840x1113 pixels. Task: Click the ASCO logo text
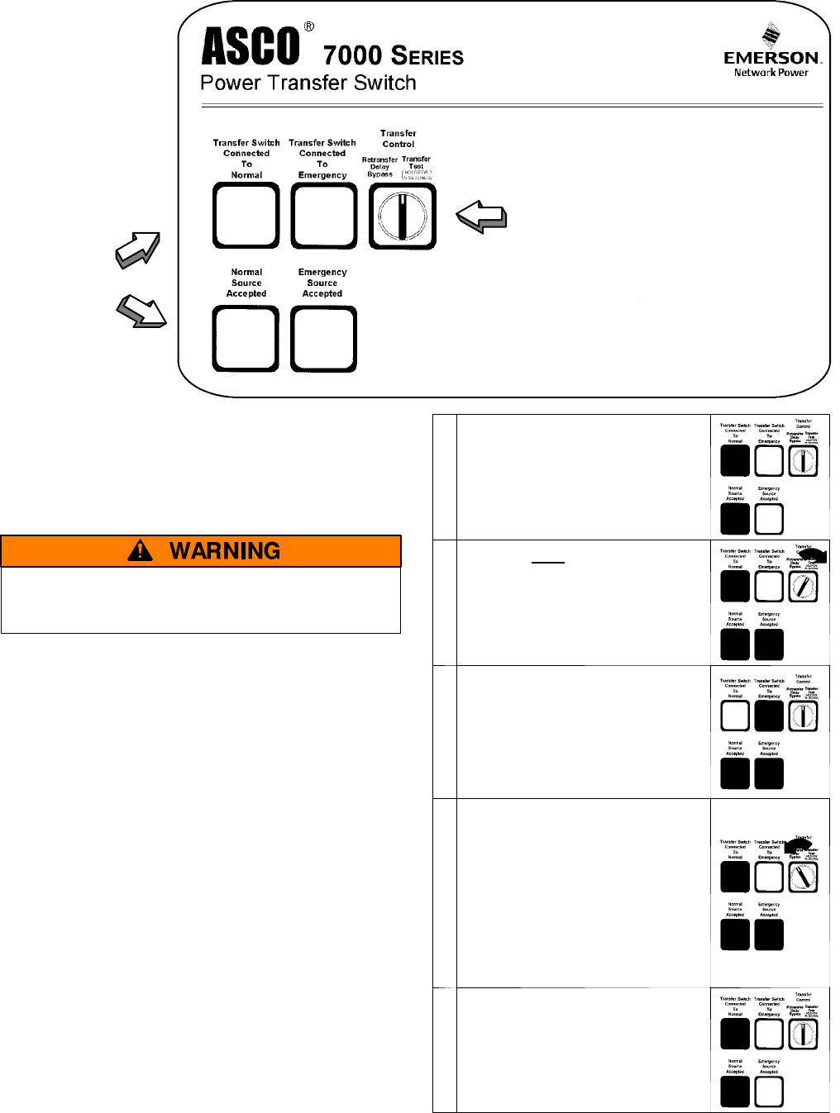click(251, 46)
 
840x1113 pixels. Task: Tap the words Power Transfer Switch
click(308, 83)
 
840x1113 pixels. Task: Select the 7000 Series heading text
click(393, 55)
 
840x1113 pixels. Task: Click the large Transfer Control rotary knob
click(403, 216)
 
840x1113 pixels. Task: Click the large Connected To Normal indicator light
click(246, 216)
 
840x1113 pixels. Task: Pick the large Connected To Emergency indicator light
click(324, 216)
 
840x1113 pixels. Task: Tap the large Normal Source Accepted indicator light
click(246, 339)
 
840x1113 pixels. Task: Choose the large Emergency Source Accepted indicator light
click(324, 339)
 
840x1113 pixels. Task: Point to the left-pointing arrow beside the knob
click(481, 217)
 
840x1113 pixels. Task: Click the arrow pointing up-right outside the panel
click(137, 250)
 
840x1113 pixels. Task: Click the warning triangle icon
click(141, 550)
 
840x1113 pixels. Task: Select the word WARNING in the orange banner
click(225, 551)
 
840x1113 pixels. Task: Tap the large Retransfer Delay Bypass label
click(379, 167)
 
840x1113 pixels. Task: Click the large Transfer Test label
click(416, 162)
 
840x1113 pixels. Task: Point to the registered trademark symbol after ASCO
click(309, 26)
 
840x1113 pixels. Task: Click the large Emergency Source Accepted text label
click(322, 283)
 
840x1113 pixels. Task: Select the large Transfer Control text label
click(399, 138)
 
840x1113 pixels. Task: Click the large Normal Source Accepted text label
click(246, 283)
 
